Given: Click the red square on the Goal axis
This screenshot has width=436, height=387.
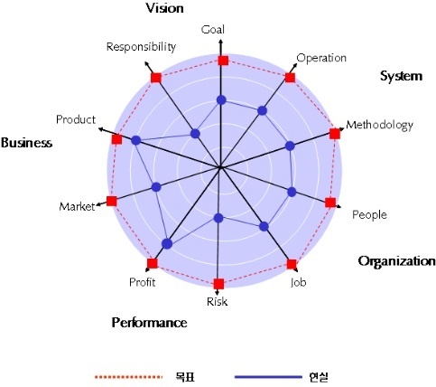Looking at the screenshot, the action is click(223, 61).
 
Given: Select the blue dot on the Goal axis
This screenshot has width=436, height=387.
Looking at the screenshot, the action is click(221, 99).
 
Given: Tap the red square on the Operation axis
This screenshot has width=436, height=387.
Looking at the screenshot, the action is click(290, 78).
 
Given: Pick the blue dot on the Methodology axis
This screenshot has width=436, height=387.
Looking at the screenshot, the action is click(290, 146).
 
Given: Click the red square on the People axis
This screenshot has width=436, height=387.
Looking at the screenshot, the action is click(330, 203).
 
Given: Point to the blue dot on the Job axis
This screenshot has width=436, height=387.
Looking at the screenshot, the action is click(264, 226).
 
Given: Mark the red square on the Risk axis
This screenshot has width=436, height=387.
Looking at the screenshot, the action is click(218, 284).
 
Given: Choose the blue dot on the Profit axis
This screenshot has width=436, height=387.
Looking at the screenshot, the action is click(167, 244).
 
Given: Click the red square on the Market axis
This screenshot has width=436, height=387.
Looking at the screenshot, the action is click(112, 201).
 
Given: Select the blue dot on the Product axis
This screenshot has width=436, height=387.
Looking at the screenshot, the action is click(136, 140).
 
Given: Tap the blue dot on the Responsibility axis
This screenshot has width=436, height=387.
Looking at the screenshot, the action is click(195, 134).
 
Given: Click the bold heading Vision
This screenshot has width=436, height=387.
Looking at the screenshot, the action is click(165, 8).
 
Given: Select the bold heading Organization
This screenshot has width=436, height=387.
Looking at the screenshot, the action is click(396, 261).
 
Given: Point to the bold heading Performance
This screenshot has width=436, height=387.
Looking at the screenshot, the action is click(149, 323).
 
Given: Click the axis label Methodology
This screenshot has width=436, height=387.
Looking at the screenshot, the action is click(379, 125).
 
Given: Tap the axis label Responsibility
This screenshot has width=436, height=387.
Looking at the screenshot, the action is click(141, 47).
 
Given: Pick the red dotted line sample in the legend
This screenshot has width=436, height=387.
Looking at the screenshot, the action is click(128, 377).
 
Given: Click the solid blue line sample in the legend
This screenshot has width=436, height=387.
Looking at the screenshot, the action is click(268, 377).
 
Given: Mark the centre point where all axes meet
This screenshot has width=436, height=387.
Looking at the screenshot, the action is click(220, 167).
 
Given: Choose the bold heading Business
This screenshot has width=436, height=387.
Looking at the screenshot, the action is click(26, 143).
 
